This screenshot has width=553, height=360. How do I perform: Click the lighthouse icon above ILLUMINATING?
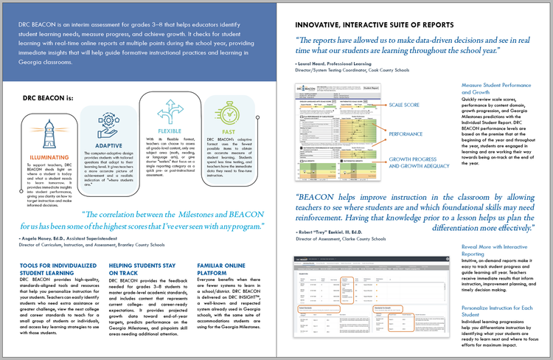coord(35,134)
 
